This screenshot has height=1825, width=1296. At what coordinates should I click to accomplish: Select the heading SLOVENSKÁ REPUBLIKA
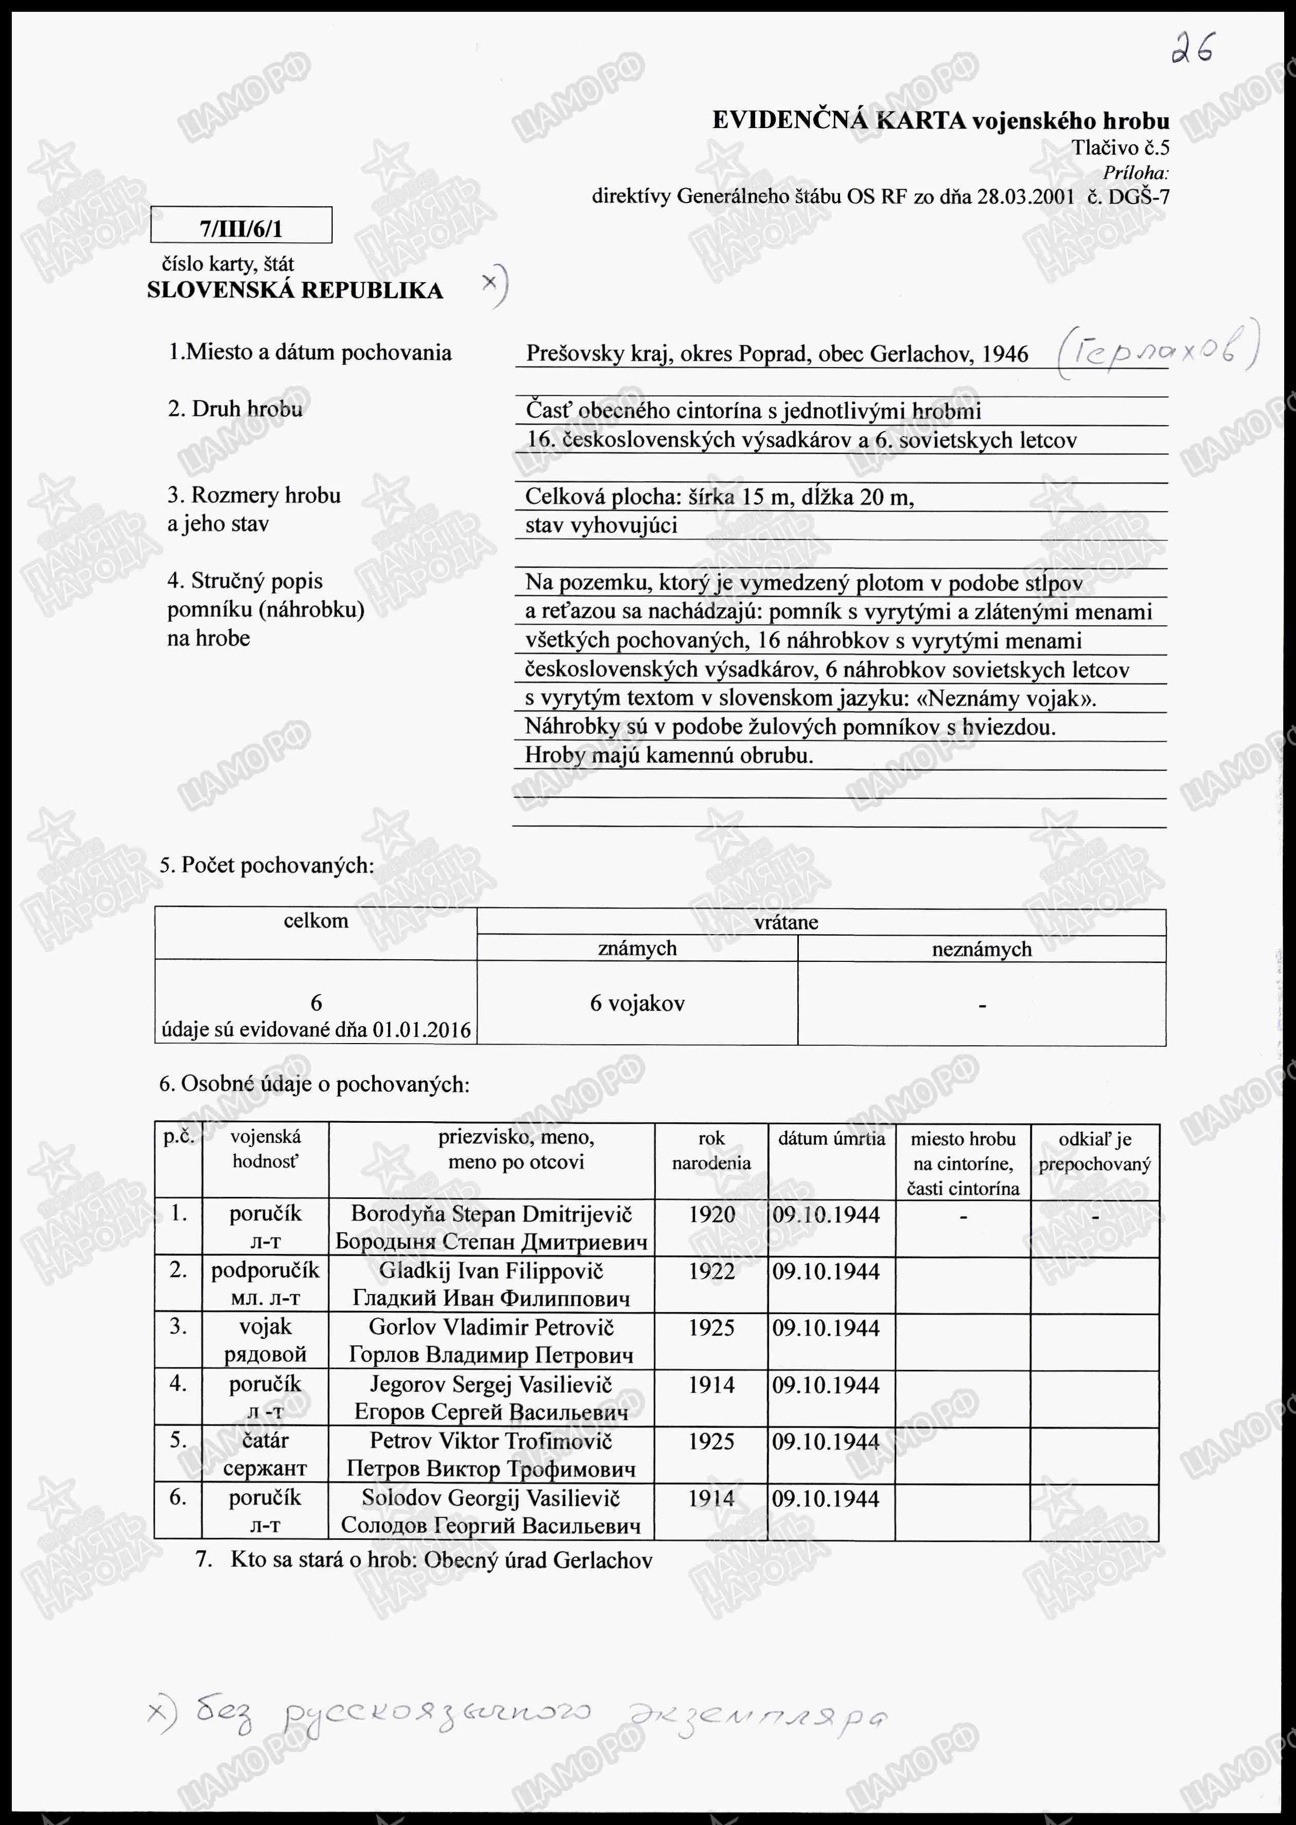click(295, 290)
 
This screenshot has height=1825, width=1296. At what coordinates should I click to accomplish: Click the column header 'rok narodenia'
click(711, 1150)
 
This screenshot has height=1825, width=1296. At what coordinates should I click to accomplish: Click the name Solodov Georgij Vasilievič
click(491, 1498)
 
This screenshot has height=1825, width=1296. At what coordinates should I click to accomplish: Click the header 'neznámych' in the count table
click(981, 949)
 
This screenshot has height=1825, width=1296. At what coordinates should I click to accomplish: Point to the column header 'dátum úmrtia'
click(832, 1139)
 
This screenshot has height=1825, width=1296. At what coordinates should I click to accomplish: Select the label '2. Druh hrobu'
click(235, 409)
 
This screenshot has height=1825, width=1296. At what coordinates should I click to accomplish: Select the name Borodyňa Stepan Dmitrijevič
click(491, 1215)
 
